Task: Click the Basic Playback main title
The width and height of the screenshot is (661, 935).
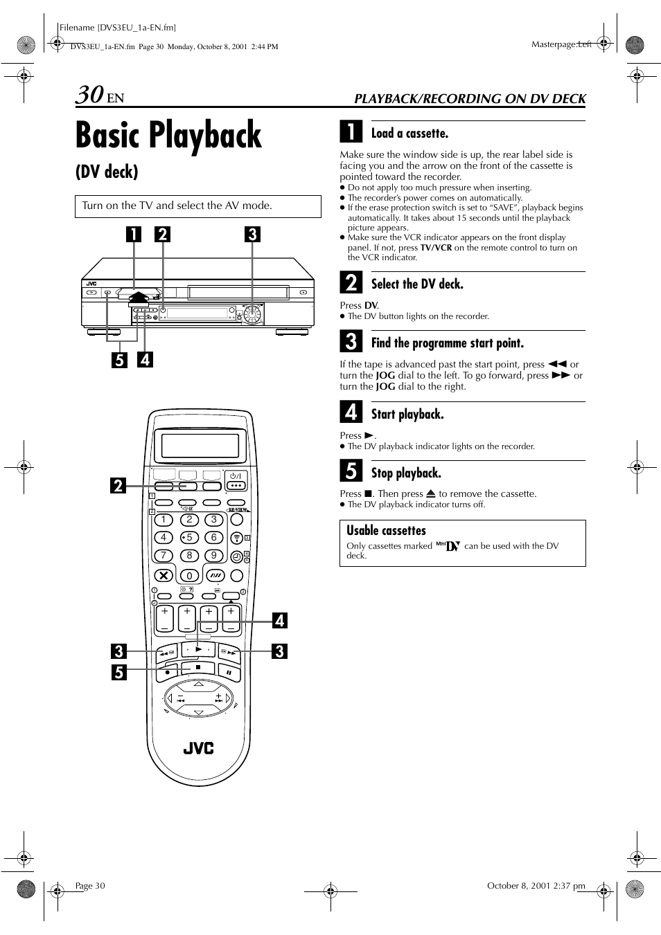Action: click(168, 135)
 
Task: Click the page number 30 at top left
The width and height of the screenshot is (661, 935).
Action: click(90, 95)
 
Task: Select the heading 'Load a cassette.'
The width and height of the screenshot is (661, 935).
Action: click(409, 134)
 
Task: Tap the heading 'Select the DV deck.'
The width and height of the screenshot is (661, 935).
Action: click(417, 284)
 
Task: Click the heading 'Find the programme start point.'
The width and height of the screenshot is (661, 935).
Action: click(447, 343)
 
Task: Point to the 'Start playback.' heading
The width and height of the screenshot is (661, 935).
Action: click(407, 415)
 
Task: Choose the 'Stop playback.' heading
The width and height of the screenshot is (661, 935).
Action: click(406, 473)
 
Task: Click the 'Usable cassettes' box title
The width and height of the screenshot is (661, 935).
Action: click(386, 531)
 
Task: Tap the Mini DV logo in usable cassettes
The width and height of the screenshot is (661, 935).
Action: click(448, 545)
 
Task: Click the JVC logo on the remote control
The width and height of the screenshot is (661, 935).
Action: click(199, 748)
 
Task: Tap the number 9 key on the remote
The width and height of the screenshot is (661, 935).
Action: click(214, 555)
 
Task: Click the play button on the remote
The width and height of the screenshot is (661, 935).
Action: click(199, 649)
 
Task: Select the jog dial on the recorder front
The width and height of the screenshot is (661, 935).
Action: click(253, 314)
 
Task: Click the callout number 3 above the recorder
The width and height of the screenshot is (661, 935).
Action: click(252, 234)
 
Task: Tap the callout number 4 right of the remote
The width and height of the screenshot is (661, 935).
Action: click(279, 620)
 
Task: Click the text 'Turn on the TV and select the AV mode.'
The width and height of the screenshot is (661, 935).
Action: click(177, 206)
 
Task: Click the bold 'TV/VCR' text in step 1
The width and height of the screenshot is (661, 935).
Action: click(436, 248)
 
